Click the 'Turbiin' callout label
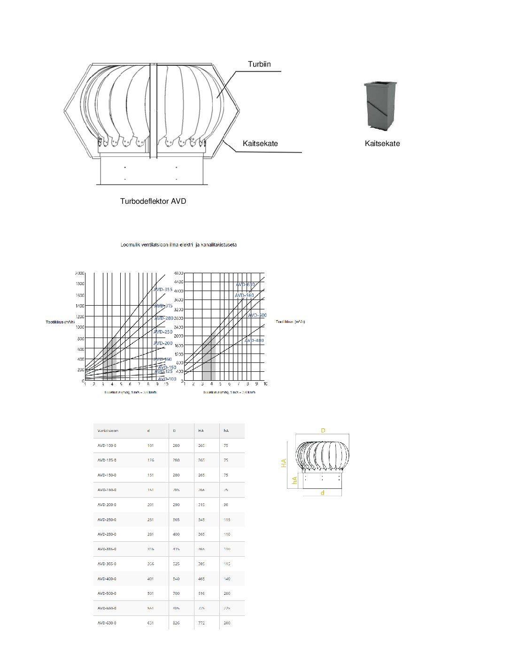(x=259, y=64)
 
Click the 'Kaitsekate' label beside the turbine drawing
(x=260, y=144)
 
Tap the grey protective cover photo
(x=380, y=106)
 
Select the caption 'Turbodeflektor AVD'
(x=153, y=201)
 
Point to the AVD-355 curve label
(x=163, y=290)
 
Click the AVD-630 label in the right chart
(x=245, y=284)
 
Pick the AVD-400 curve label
(x=254, y=340)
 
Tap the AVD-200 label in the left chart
(x=163, y=343)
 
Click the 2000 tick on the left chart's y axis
(x=80, y=273)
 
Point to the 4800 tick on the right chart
(x=178, y=273)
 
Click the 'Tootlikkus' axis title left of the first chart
(x=60, y=322)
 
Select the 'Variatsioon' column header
(x=108, y=430)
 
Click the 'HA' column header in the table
(x=201, y=430)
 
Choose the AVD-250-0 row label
(x=107, y=520)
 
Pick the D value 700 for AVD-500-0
(x=176, y=593)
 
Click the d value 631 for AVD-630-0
(x=150, y=623)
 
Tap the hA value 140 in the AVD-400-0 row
(x=227, y=579)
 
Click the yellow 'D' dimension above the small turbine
(x=323, y=430)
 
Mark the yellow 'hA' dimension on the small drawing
(x=294, y=480)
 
